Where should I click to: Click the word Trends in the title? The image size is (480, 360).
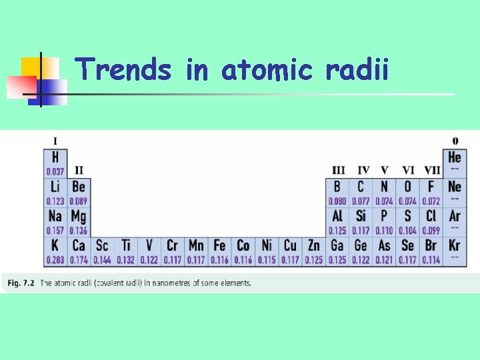pyautogui.click(x=123, y=69)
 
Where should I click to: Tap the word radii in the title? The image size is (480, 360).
pyautogui.click(x=357, y=69)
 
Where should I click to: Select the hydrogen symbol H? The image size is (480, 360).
pyautogui.click(x=55, y=157)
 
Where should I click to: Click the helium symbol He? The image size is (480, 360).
pyautogui.click(x=455, y=157)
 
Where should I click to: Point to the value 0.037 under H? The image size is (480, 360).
pyautogui.click(x=55, y=171)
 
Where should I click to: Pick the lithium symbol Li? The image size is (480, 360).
pyautogui.click(x=55, y=187)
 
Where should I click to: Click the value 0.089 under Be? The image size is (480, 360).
pyautogui.click(x=79, y=201)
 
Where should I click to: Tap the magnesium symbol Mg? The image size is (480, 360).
pyautogui.click(x=79, y=216)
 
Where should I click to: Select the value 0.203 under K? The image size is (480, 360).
pyautogui.click(x=55, y=259)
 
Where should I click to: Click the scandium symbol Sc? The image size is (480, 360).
pyautogui.click(x=102, y=245)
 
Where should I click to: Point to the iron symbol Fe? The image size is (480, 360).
pyautogui.click(x=219, y=245)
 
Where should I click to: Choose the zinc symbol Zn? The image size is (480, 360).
pyautogui.click(x=313, y=245)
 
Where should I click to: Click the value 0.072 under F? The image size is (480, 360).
pyautogui.click(x=431, y=201)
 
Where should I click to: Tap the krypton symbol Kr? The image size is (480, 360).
pyautogui.click(x=455, y=245)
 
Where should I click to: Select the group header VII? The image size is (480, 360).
pyautogui.click(x=432, y=171)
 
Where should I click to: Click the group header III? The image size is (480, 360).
pyautogui.click(x=338, y=171)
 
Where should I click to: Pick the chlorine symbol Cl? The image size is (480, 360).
pyautogui.click(x=431, y=216)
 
